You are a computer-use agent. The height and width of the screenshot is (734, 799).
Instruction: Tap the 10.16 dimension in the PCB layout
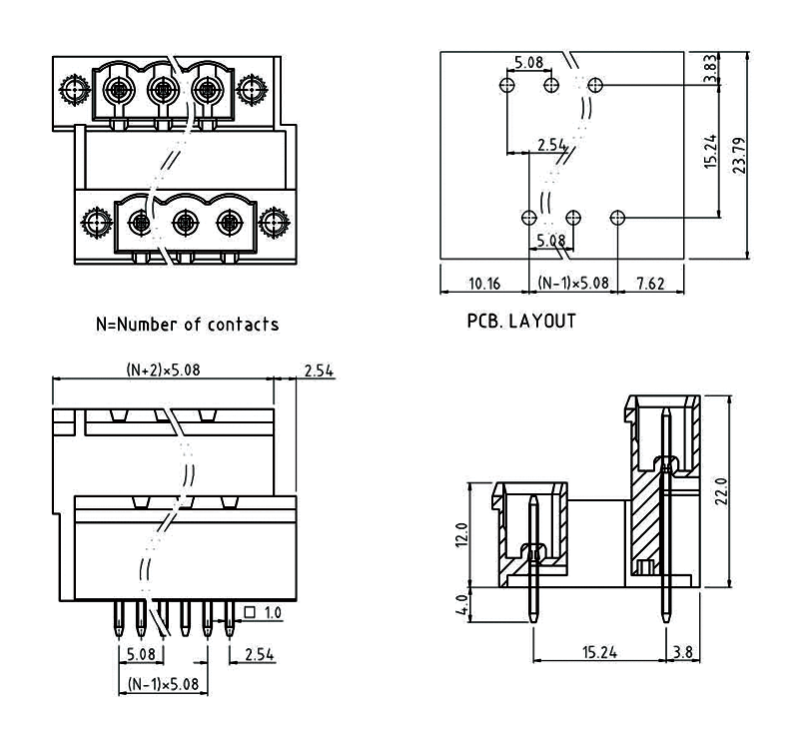pos(484,284)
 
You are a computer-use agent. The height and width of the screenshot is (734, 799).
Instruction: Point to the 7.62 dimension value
pos(650,284)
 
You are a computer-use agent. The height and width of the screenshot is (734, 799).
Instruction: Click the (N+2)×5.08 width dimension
pos(164,369)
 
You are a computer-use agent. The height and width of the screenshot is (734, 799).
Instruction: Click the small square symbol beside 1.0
pos(247,612)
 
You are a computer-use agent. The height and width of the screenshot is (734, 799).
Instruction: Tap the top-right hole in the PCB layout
pos(596,84)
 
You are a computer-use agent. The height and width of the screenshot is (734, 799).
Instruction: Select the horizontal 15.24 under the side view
pos(598,652)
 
